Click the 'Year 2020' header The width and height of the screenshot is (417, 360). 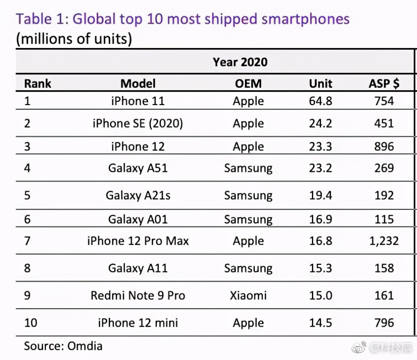pyautogui.click(x=240, y=62)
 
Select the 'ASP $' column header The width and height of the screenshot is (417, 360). pyautogui.click(x=384, y=83)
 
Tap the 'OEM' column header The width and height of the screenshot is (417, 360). pyautogui.click(x=248, y=83)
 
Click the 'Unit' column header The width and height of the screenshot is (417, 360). pyautogui.click(x=320, y=83)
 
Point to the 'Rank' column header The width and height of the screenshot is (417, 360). pyautogui.click(x=38, y=83)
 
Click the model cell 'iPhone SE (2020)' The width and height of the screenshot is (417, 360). pyautogui.click(x=138, y=123)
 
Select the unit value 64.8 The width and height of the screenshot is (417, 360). pyautogui.click(x=320, y=101)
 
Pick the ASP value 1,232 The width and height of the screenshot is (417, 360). pyautogui.click(x=384, y=241)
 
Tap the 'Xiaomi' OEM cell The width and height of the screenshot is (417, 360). pyautogui.click(x=248, y=295)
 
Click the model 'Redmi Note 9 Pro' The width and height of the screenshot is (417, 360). pyautogui.click(x=138, y=295)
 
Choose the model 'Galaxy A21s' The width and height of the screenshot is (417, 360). pyautogui.click(x=138, y=196)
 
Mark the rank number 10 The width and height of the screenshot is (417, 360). pyautogui.click(x=30, y=323)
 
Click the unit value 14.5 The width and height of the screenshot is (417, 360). pyautogui.click(x=320, y=323)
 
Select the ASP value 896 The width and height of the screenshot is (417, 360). pyautogui.click(x=384, y=146)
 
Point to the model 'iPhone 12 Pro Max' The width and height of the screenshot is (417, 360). pyautogui.click(x=138, y=241)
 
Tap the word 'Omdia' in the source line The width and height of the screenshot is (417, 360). pyautogui.click(x=85, y=346)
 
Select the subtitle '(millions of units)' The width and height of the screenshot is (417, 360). pyautogui.click(x=74, y=39)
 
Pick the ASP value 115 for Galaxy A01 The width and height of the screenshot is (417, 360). pyautogui.click(x=384, y=219)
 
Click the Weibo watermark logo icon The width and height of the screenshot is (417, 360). pyautogui.click(x=359, y=347)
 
